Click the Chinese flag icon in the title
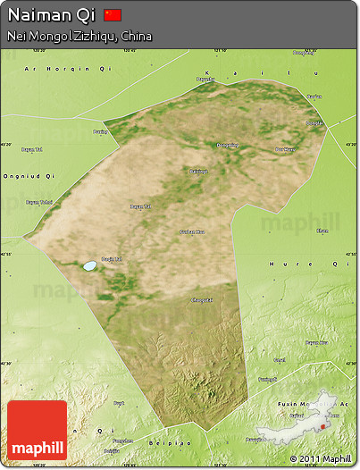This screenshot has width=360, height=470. (x=113, y=15)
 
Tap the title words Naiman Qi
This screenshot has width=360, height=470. (x=51, y=15)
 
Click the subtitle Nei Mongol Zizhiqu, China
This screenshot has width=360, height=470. (x=79, y=37)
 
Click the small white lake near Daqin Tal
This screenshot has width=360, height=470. (x=89, y=266)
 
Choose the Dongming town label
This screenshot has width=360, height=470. (x=227, y=145)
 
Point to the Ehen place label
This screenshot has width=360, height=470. (x=322, y=231)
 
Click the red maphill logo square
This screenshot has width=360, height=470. (x=37, y=430)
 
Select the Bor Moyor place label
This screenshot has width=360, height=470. (x=285, y=149)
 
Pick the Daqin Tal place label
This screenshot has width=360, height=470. (x=110, y=259)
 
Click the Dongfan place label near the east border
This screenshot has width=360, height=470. (x=314, y=123)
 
